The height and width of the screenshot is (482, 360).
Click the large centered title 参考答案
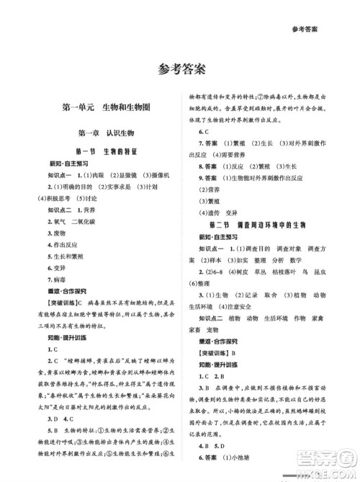(180, 70)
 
